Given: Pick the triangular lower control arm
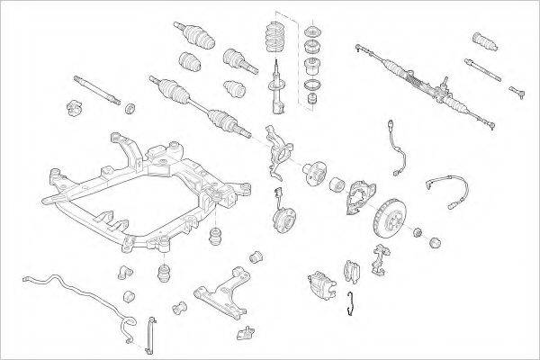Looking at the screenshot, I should [x=224, y=287].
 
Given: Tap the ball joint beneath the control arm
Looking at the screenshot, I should [x=245, y=334].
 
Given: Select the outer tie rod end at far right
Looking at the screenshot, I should [x=520, y=90].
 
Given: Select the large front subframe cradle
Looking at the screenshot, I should [x=135, y=193].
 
